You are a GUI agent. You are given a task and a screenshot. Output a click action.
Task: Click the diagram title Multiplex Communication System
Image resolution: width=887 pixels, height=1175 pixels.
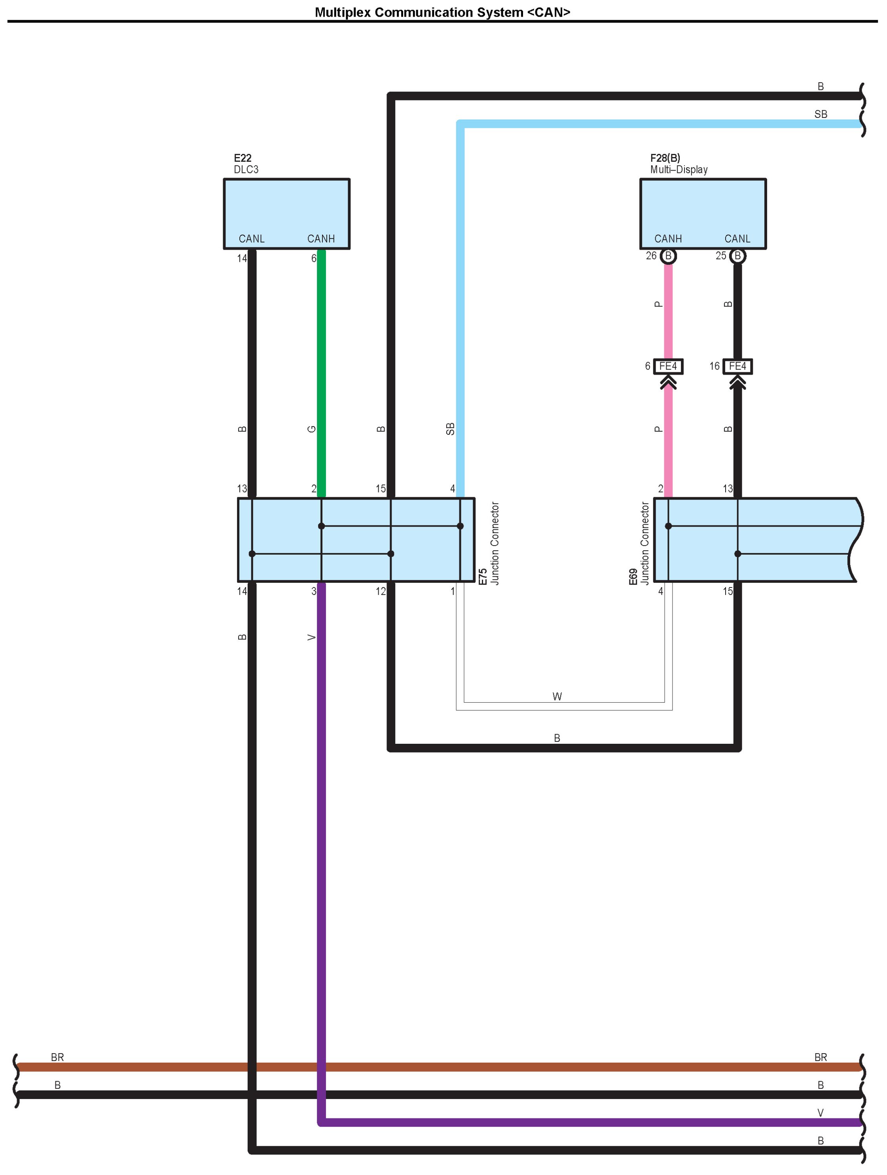pyautogui.click(x=442, y=12)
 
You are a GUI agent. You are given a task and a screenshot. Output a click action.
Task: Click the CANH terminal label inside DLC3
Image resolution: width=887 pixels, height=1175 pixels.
pyautogui.click(x=321, y=239)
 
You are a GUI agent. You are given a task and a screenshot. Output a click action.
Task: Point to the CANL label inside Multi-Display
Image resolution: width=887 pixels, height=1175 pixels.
pyautogui.click(x=737, y=239)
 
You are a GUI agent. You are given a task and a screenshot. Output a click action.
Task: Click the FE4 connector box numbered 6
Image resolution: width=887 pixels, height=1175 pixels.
pyautogui.click(x=668, y=366)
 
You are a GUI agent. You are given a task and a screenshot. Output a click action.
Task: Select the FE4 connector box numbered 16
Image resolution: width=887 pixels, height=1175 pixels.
pyautogui.click(x=737, y=366)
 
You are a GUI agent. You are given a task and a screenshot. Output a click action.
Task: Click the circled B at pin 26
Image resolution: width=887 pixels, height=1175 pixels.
pyautogui.click(x=668, y=256)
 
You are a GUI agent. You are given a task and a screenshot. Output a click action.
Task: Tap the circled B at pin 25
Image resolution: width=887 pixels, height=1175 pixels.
pyautogui.click(x=737, y=256)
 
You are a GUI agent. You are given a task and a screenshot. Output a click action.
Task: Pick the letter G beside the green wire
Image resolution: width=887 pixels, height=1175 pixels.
pyautogui.click(x=312, y=429)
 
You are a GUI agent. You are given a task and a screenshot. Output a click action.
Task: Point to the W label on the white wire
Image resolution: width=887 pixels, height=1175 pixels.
pyautogui.click(x=557, y=696)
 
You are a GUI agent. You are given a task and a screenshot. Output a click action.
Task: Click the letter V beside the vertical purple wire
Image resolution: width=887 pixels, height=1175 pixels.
pyautogui.click(x=312, y=637)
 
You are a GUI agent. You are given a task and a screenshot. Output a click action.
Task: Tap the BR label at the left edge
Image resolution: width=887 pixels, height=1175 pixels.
pyautogui.click(x=57, y=1057)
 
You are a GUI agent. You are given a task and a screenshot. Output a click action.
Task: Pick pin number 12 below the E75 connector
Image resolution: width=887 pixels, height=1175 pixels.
pyautogui.click(x=380, y=591)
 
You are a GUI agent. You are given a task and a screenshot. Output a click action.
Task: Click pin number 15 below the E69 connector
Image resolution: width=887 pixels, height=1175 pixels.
pyautogui.click(x=727, y=591)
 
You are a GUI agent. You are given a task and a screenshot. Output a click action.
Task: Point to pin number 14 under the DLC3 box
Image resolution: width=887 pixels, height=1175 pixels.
pyautogui.click(x=242, y=259)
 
